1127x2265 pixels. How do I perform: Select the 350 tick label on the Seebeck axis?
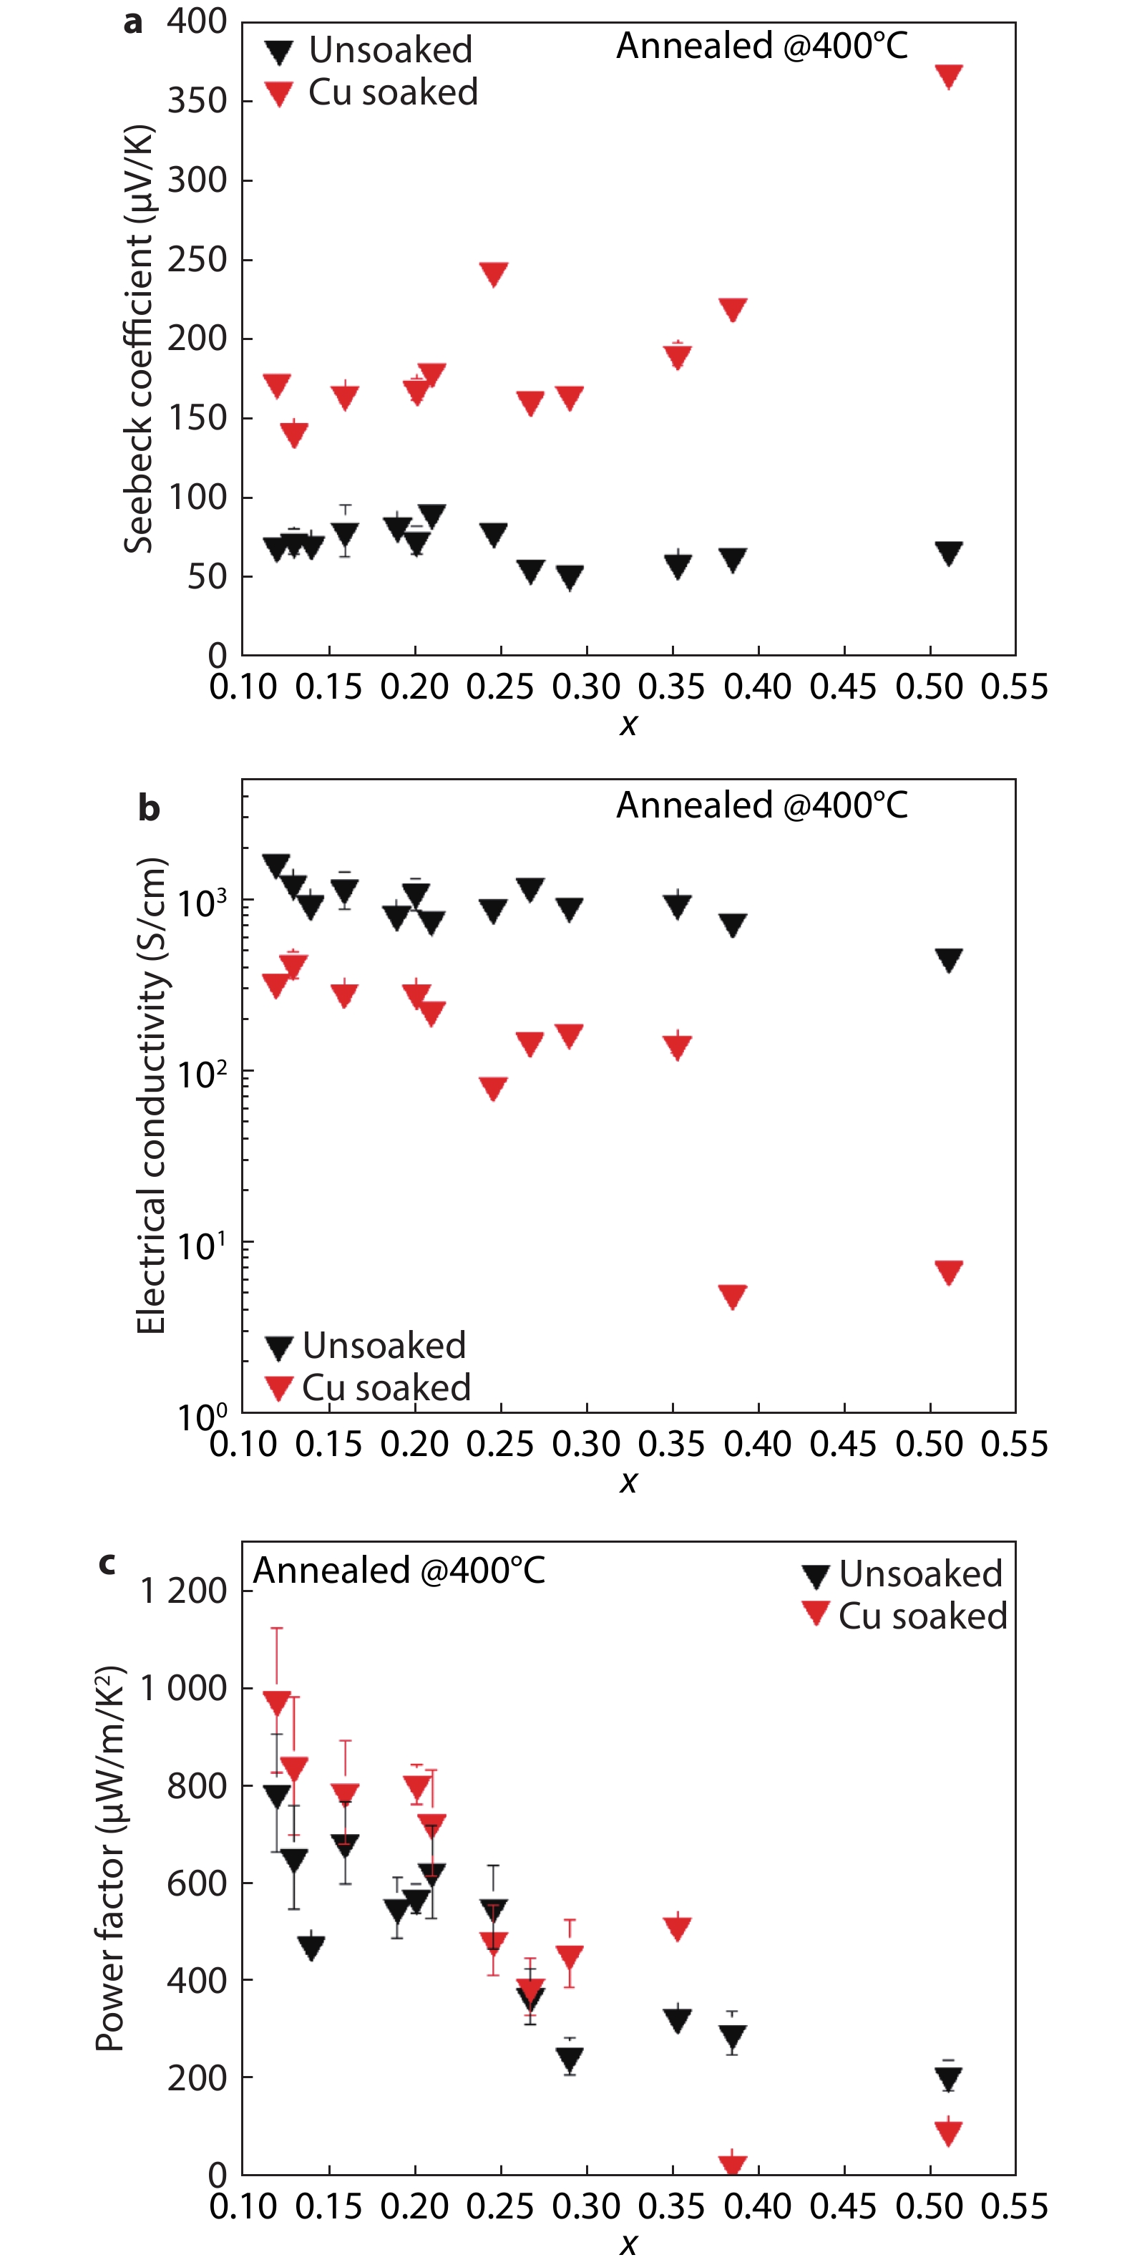point(197,101)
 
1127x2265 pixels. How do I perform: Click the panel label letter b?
point(149,807)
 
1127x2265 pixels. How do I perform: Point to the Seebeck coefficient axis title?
point(139,339)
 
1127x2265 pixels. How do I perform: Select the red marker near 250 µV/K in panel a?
point(494,273)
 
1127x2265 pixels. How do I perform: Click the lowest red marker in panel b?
point(732,1296)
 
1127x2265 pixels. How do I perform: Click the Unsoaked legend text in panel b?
point(384,1345)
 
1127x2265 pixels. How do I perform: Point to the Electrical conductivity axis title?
point(151,1095)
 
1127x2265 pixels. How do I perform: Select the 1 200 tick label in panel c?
point(184,1591)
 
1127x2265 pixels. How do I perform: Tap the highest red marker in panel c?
point(277,1702)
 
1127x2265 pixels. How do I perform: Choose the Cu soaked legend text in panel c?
point(922,1616)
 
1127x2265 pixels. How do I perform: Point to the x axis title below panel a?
point(628,724)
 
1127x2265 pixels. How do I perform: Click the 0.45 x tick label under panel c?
point(843,2206)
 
